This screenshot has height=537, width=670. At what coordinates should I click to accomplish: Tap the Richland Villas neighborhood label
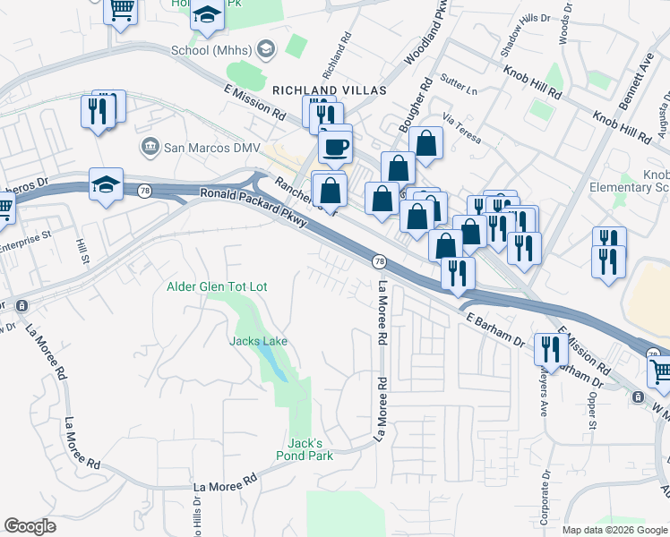pos(329,90)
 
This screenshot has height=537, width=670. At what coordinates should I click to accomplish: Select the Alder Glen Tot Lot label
pos(218,286)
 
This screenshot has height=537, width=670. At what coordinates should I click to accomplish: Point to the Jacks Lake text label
pos(258,341)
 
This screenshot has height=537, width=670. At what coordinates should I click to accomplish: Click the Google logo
pos(30,526)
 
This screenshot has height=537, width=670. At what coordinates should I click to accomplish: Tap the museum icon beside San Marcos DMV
pos(150,146)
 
